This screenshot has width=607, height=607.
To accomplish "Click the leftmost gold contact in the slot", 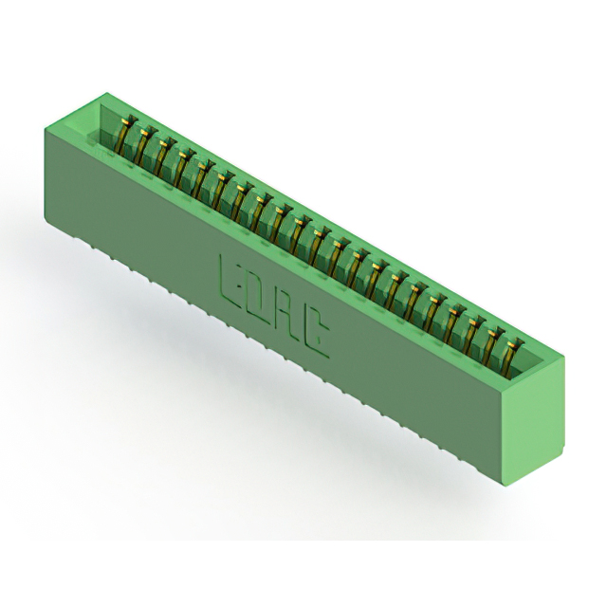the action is pyautogui.click(x=124, y=136).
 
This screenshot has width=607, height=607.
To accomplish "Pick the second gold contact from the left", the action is pyautogui.click(x=141, y=147).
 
